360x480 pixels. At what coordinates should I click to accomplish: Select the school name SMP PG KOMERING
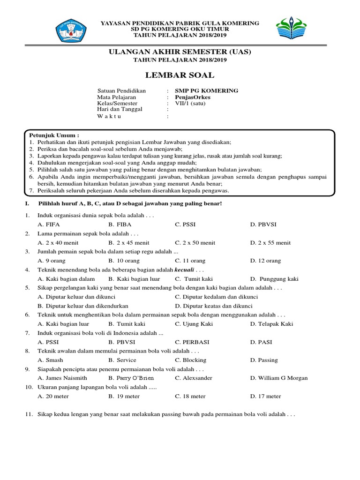tap(207, 90)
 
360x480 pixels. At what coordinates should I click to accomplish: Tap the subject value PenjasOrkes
tap(193, 97)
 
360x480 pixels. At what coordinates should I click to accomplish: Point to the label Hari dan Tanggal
tap(120, 109)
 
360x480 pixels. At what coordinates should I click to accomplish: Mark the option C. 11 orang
tap(190, 261)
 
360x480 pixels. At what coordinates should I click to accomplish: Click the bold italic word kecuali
tap(184, 270)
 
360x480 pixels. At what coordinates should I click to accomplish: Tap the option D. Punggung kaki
tap(274, 279)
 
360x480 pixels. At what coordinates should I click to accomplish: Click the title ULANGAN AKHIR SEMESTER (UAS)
tap(180, 52)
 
